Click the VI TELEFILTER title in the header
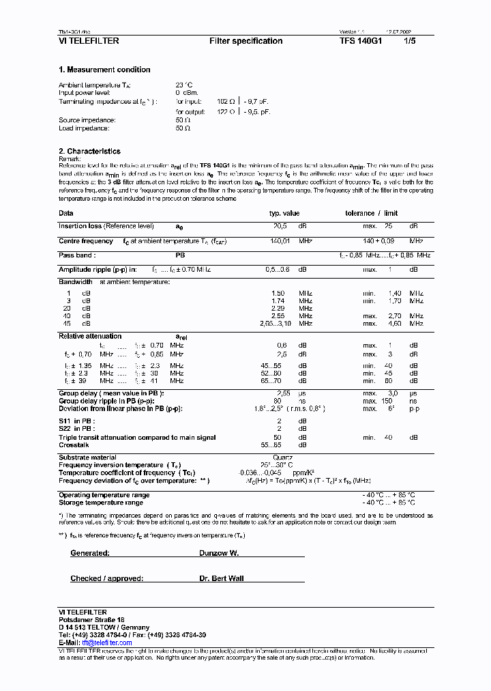[89, 41]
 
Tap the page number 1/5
[411, 41]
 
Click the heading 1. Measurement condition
[104, 70]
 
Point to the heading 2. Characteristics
[89, 152]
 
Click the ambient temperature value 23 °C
[183, 85]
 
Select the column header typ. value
[284, 213]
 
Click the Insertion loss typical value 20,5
[280, 226]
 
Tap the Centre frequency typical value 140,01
[280, 241]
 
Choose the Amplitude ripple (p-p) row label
[98, 270]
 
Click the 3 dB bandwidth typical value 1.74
[278, 300]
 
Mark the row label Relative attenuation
[90, 336]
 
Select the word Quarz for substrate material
[283, 457]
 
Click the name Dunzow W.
[219, 553]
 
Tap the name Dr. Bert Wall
[222, 578]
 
